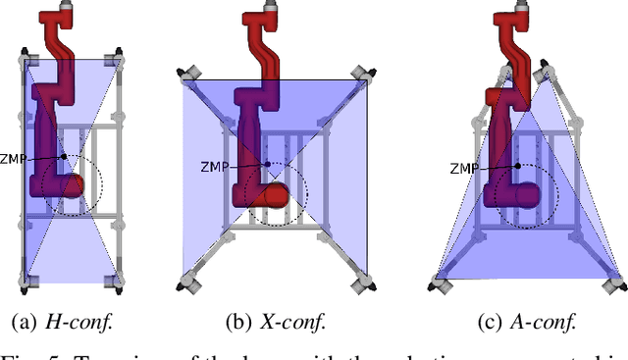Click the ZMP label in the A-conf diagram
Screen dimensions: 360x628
(x=465, y=168)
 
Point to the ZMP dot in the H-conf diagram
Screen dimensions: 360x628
(x=64, y=157)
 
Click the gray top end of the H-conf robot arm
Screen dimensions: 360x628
(x=67, y=7)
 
